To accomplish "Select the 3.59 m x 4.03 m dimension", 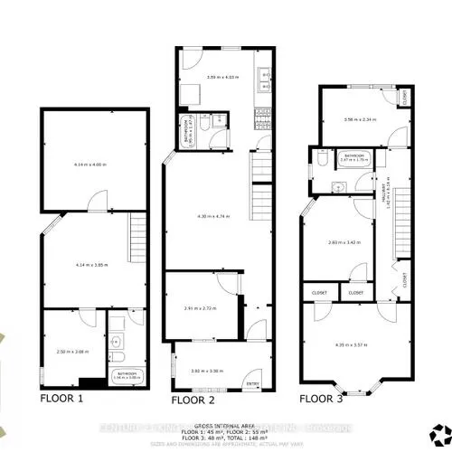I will (213, 77).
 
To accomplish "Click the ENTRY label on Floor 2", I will (252, 384).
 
